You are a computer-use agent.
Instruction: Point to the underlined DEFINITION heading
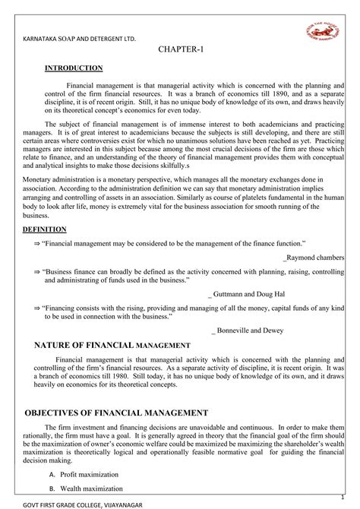click(x=44, y=229)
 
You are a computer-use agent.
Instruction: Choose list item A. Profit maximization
click(x=84, y=473)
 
